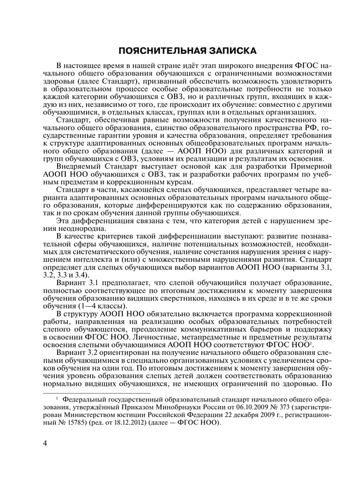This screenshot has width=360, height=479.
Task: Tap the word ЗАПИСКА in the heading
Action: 229,51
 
